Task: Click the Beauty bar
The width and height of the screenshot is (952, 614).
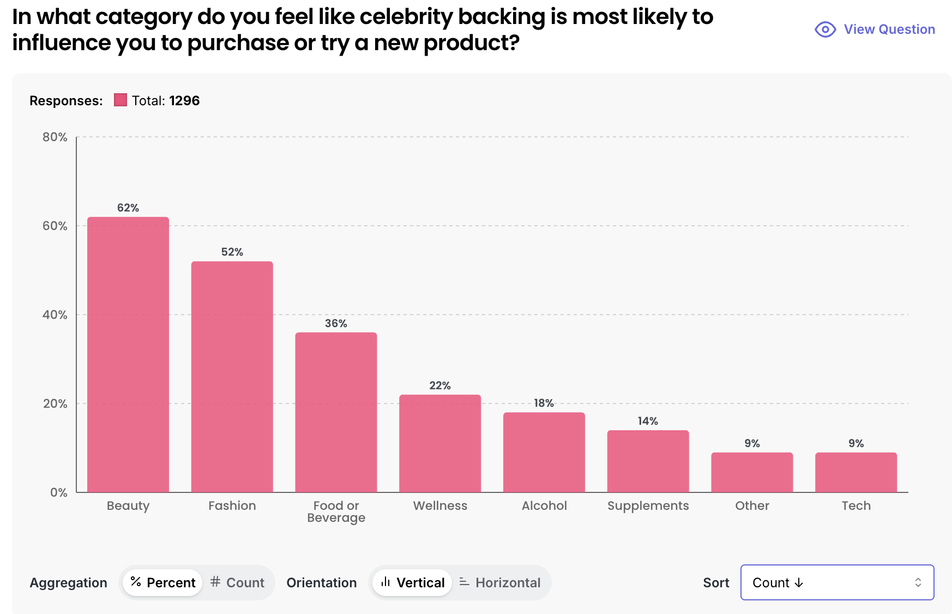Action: [128, 354]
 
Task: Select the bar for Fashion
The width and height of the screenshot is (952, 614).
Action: [232, 377]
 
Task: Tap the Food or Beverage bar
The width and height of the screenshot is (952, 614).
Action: [336, 412]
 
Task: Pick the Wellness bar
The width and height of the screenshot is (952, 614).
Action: [440, 443]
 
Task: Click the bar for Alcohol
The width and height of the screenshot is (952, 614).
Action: [544, 452]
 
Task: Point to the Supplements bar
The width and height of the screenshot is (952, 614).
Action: [648, 461]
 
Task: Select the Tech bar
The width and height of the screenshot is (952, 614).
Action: [856, 472]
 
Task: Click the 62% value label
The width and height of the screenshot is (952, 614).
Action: [128, 208]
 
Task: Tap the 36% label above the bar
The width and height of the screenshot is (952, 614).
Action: [336, 323]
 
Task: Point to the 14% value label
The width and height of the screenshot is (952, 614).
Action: [648, 421]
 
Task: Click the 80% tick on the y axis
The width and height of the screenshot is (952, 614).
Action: [55, 137]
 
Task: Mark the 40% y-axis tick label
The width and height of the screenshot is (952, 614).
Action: [55, 315]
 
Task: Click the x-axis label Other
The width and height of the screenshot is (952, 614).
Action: [752, 505]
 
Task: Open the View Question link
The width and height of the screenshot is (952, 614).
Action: [889, 29]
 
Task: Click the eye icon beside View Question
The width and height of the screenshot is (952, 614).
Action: [825, 29]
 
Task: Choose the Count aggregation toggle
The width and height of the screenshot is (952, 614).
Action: [238, 582]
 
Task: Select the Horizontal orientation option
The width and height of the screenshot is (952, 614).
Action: [501, 582]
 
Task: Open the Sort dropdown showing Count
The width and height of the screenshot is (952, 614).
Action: [837, 582]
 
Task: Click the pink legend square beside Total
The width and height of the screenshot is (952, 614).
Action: [120, 100]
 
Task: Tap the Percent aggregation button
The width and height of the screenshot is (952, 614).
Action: [163, 582]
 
